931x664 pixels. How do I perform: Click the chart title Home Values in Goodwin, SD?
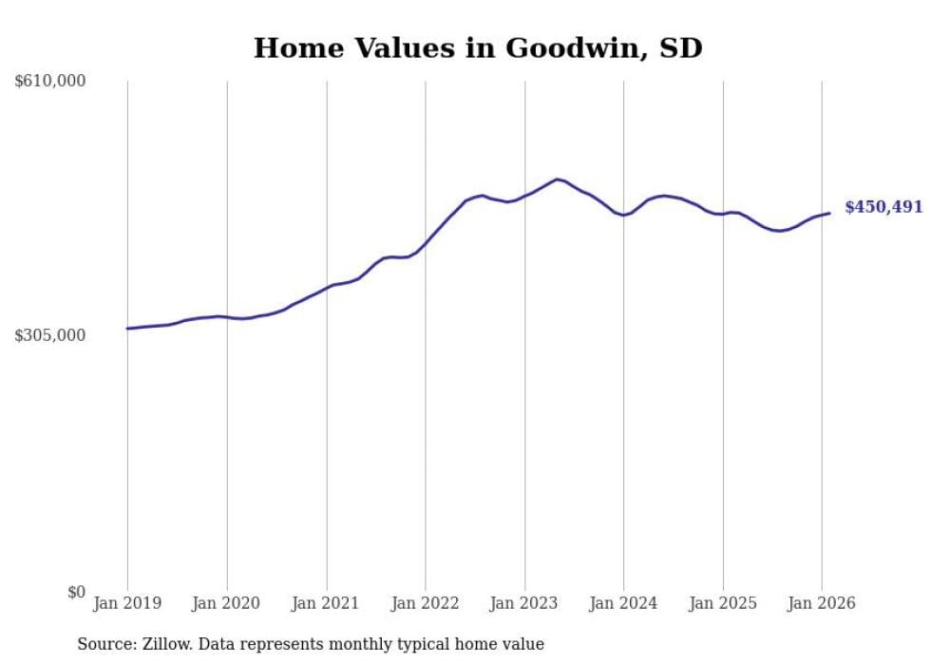point(478,47)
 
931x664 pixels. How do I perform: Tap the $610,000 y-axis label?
point(50,82)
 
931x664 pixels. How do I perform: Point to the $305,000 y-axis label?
point(50,335)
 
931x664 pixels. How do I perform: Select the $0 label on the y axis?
point(76,592)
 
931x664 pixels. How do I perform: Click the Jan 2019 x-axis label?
point(127,603)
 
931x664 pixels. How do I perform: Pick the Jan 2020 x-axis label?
point(226,603)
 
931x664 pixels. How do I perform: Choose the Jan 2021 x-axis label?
point(326,603)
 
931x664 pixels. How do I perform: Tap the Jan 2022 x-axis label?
point(425,603)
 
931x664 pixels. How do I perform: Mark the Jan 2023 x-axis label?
point(524,603)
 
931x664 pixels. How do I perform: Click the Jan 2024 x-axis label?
point(623,603)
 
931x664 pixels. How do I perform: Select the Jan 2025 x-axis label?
point(723,603)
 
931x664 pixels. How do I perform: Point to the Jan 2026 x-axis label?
point(822,603)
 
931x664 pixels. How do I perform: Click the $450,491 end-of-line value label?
point(883,207)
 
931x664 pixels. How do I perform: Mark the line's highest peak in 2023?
point(558,179)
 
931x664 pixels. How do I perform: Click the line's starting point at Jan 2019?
point(127,329)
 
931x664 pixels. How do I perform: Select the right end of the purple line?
point(829,213)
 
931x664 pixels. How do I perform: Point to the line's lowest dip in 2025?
point(779,231)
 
